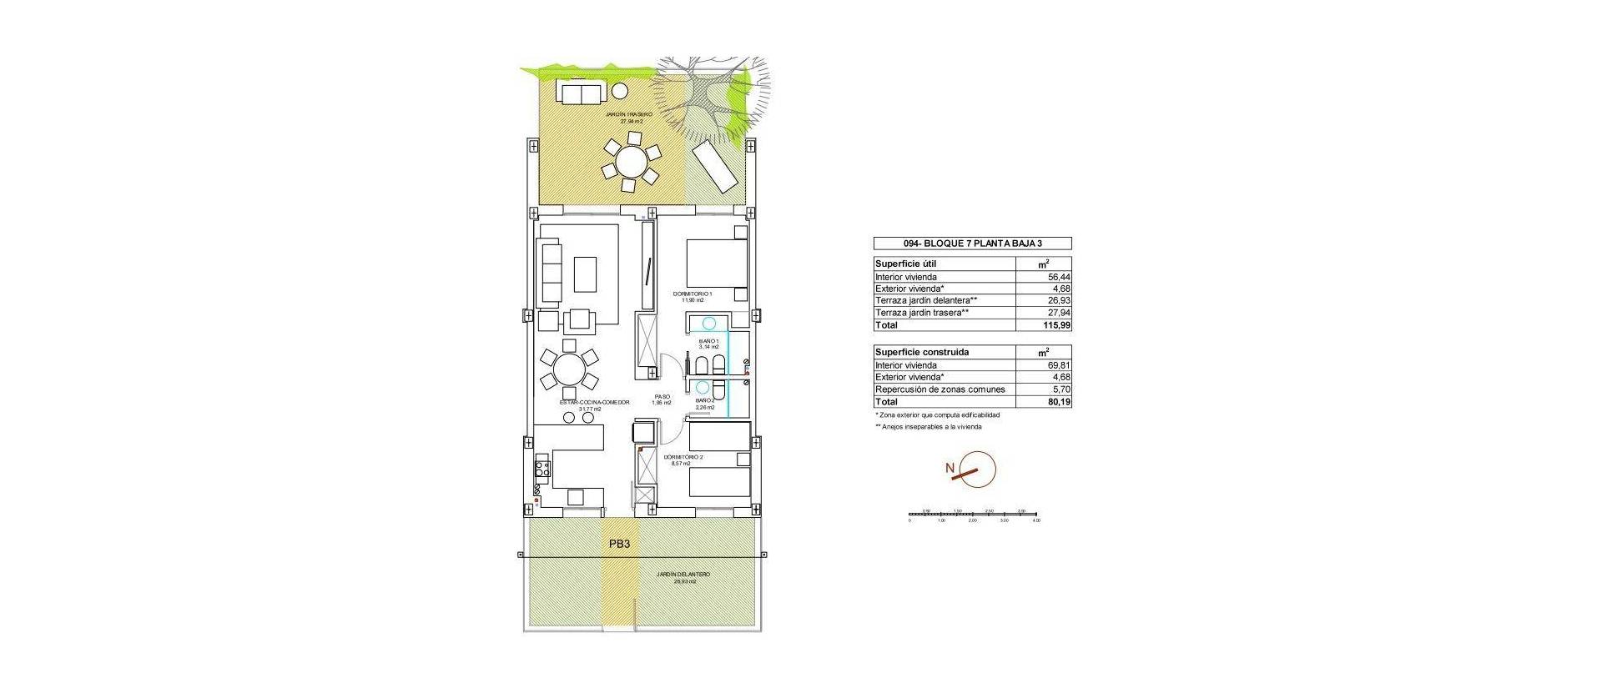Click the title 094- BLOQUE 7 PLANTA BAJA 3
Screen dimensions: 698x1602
tap(972, 244)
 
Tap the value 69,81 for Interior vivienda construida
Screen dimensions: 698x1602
tap(1058, 365)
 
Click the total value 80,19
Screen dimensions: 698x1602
tap(1057, 401)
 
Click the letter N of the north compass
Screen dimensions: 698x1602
tap(950, 469)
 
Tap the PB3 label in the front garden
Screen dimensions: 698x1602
tap(619, 544)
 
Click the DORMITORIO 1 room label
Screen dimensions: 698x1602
tap(693, 294)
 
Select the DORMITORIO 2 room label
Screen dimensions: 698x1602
tap(683, 458)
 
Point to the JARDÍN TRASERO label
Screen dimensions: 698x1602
tap(631, 114)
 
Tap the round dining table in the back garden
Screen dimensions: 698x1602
tap(631, 165)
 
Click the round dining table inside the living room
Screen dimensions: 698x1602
tap(568, 369)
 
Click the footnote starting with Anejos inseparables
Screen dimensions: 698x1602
tap(928, 427)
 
